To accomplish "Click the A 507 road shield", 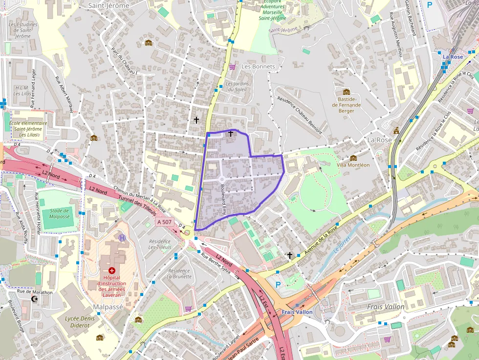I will click(164, 222).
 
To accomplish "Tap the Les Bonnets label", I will click(259, 66).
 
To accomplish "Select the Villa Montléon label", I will click(353, 165).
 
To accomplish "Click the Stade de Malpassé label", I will click(59, 213).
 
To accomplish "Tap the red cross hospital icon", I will click(112, 270).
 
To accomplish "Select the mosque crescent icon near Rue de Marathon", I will click(34, 298).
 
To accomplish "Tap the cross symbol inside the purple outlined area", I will click(230, 133).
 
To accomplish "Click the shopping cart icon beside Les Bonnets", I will click(232, 66).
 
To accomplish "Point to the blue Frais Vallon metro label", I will click(297, 312).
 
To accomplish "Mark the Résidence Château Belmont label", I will click(299, 114).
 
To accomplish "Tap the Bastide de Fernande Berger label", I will click(346, 105).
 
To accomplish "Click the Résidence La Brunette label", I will click(179, 274).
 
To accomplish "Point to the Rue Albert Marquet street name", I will click(64, 95).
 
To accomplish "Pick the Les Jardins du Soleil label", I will click(237, 86).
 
